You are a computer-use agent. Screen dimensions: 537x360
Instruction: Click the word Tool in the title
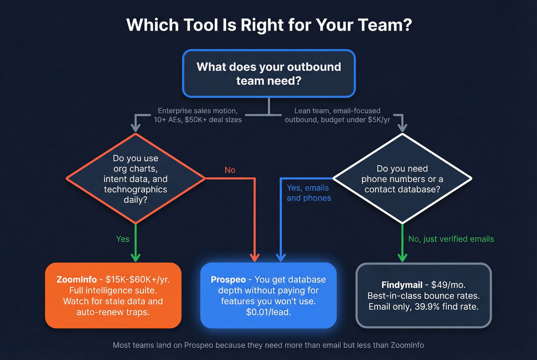pyautogui.click(x=200, y=25)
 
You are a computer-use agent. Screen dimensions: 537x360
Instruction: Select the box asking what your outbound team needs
pyautogui.click(x=269, y=74)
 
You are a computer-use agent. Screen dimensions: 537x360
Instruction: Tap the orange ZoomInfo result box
pyautogui.click(x=113, y=295)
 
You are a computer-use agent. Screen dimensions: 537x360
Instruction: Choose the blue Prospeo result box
pyautogui.click(x=268, y=295)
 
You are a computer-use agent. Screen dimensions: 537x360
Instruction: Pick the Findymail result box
pyautogui.click(x=423, y=295)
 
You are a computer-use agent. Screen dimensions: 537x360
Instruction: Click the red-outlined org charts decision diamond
pyautogui.click(x=135, y=179)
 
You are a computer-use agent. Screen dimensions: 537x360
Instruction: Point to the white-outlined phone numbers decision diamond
pyautogui.click(x=402, y=179)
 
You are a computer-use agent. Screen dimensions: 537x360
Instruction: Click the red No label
pyautogui.click(x=230, y=170)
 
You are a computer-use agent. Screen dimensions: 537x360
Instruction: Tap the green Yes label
pyautogui.click(x=123, y=239)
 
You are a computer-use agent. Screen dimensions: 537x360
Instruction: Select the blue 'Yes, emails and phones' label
pyautogui.click(x=309, y=193)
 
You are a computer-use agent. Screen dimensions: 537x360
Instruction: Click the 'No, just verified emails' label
pyautogui.click(x=451, y=239)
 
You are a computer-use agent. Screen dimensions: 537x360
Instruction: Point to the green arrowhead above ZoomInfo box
pyautogui.click(x=135, y=257)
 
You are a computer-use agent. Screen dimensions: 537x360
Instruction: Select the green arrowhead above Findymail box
pyautogui.click(x=402, y=257)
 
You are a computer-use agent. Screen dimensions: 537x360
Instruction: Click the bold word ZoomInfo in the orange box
pyautogui.click(x=76, y=279)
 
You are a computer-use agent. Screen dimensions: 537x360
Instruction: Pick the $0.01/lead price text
pyautogui.click(x=268, y=312)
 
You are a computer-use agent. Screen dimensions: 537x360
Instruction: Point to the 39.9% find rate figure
pyautogui.click(x=446, y=307)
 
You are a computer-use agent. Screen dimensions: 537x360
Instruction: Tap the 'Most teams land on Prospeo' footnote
pyautogui.click(x=268, y=345)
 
